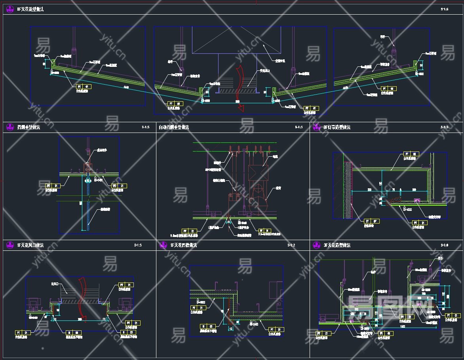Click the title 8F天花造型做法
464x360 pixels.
[30, 9]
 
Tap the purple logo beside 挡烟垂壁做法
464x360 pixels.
[10, 127]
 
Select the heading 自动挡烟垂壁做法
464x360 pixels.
[174, 127]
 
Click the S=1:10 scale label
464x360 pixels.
[445, 245]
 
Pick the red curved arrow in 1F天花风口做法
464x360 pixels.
[82, 295]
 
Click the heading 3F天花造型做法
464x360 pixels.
[337, 245]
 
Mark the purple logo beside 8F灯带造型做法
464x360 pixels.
[316, 127]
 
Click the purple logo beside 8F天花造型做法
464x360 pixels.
[10, 9]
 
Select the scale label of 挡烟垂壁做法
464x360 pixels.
[145, 127]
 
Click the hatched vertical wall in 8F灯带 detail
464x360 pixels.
[348, 190]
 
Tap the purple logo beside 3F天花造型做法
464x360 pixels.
[316, 245]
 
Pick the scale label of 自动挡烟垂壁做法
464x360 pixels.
[299, 127]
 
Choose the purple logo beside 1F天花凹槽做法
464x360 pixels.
[163, 245]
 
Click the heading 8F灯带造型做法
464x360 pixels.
[337, 127]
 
